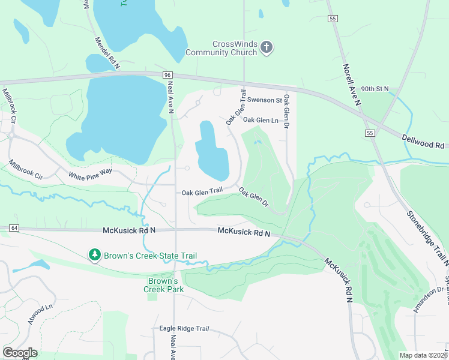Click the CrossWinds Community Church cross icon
267,47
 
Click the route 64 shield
14,228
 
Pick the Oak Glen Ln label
261,120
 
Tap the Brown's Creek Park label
163,285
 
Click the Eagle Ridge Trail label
184,328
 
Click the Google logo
20,353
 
